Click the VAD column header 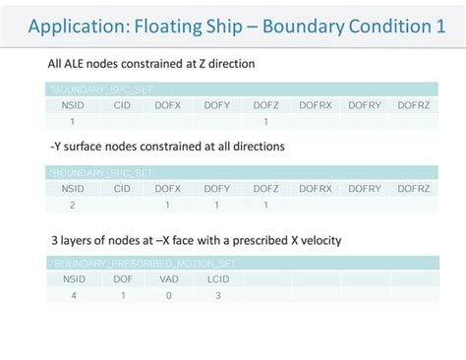169,278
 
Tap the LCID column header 217,278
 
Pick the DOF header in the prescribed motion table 121,278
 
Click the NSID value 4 72,295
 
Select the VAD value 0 169,295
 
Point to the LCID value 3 217,295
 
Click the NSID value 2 72,205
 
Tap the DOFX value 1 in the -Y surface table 169,205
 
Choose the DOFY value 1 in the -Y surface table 217,205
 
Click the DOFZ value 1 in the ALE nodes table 265,122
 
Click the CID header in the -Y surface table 121,188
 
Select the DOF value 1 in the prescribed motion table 121,295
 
